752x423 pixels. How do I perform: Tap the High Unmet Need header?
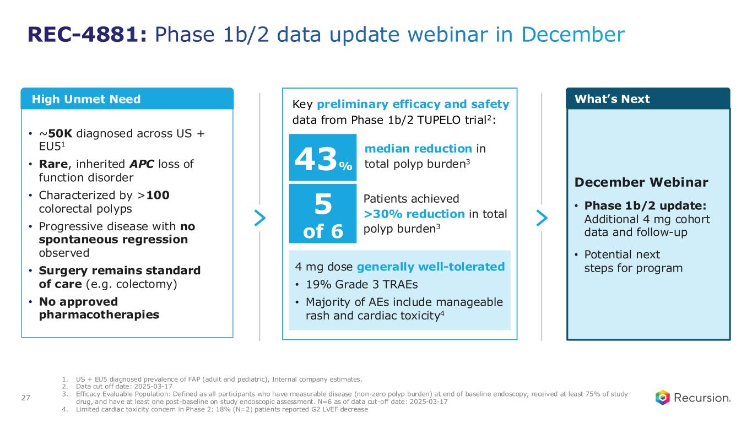[x=86, y=99]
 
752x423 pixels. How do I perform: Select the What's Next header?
[x=612, y=99]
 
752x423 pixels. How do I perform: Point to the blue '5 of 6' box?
[x=323, y=214]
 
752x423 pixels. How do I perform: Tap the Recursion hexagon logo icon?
[x=662, y=397]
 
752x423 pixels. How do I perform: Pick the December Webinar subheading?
[x=641, y=182]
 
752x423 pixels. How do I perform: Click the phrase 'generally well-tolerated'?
[x=431, y=267]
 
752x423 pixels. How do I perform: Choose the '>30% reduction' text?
[x=414, y=214]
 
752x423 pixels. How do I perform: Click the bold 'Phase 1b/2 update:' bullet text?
[x=645, y=206]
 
